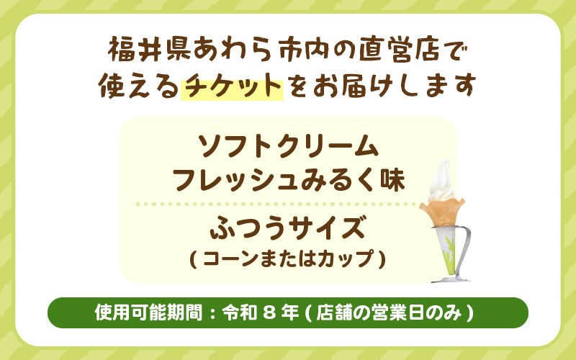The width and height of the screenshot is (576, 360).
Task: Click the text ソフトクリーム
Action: [287, 147]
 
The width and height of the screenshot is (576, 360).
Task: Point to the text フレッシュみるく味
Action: [287, 179]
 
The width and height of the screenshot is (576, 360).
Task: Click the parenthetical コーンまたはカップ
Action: [287, 258]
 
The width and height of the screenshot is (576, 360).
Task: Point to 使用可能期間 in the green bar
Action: [148, 313]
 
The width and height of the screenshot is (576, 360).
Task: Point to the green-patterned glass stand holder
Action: [444, 248]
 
